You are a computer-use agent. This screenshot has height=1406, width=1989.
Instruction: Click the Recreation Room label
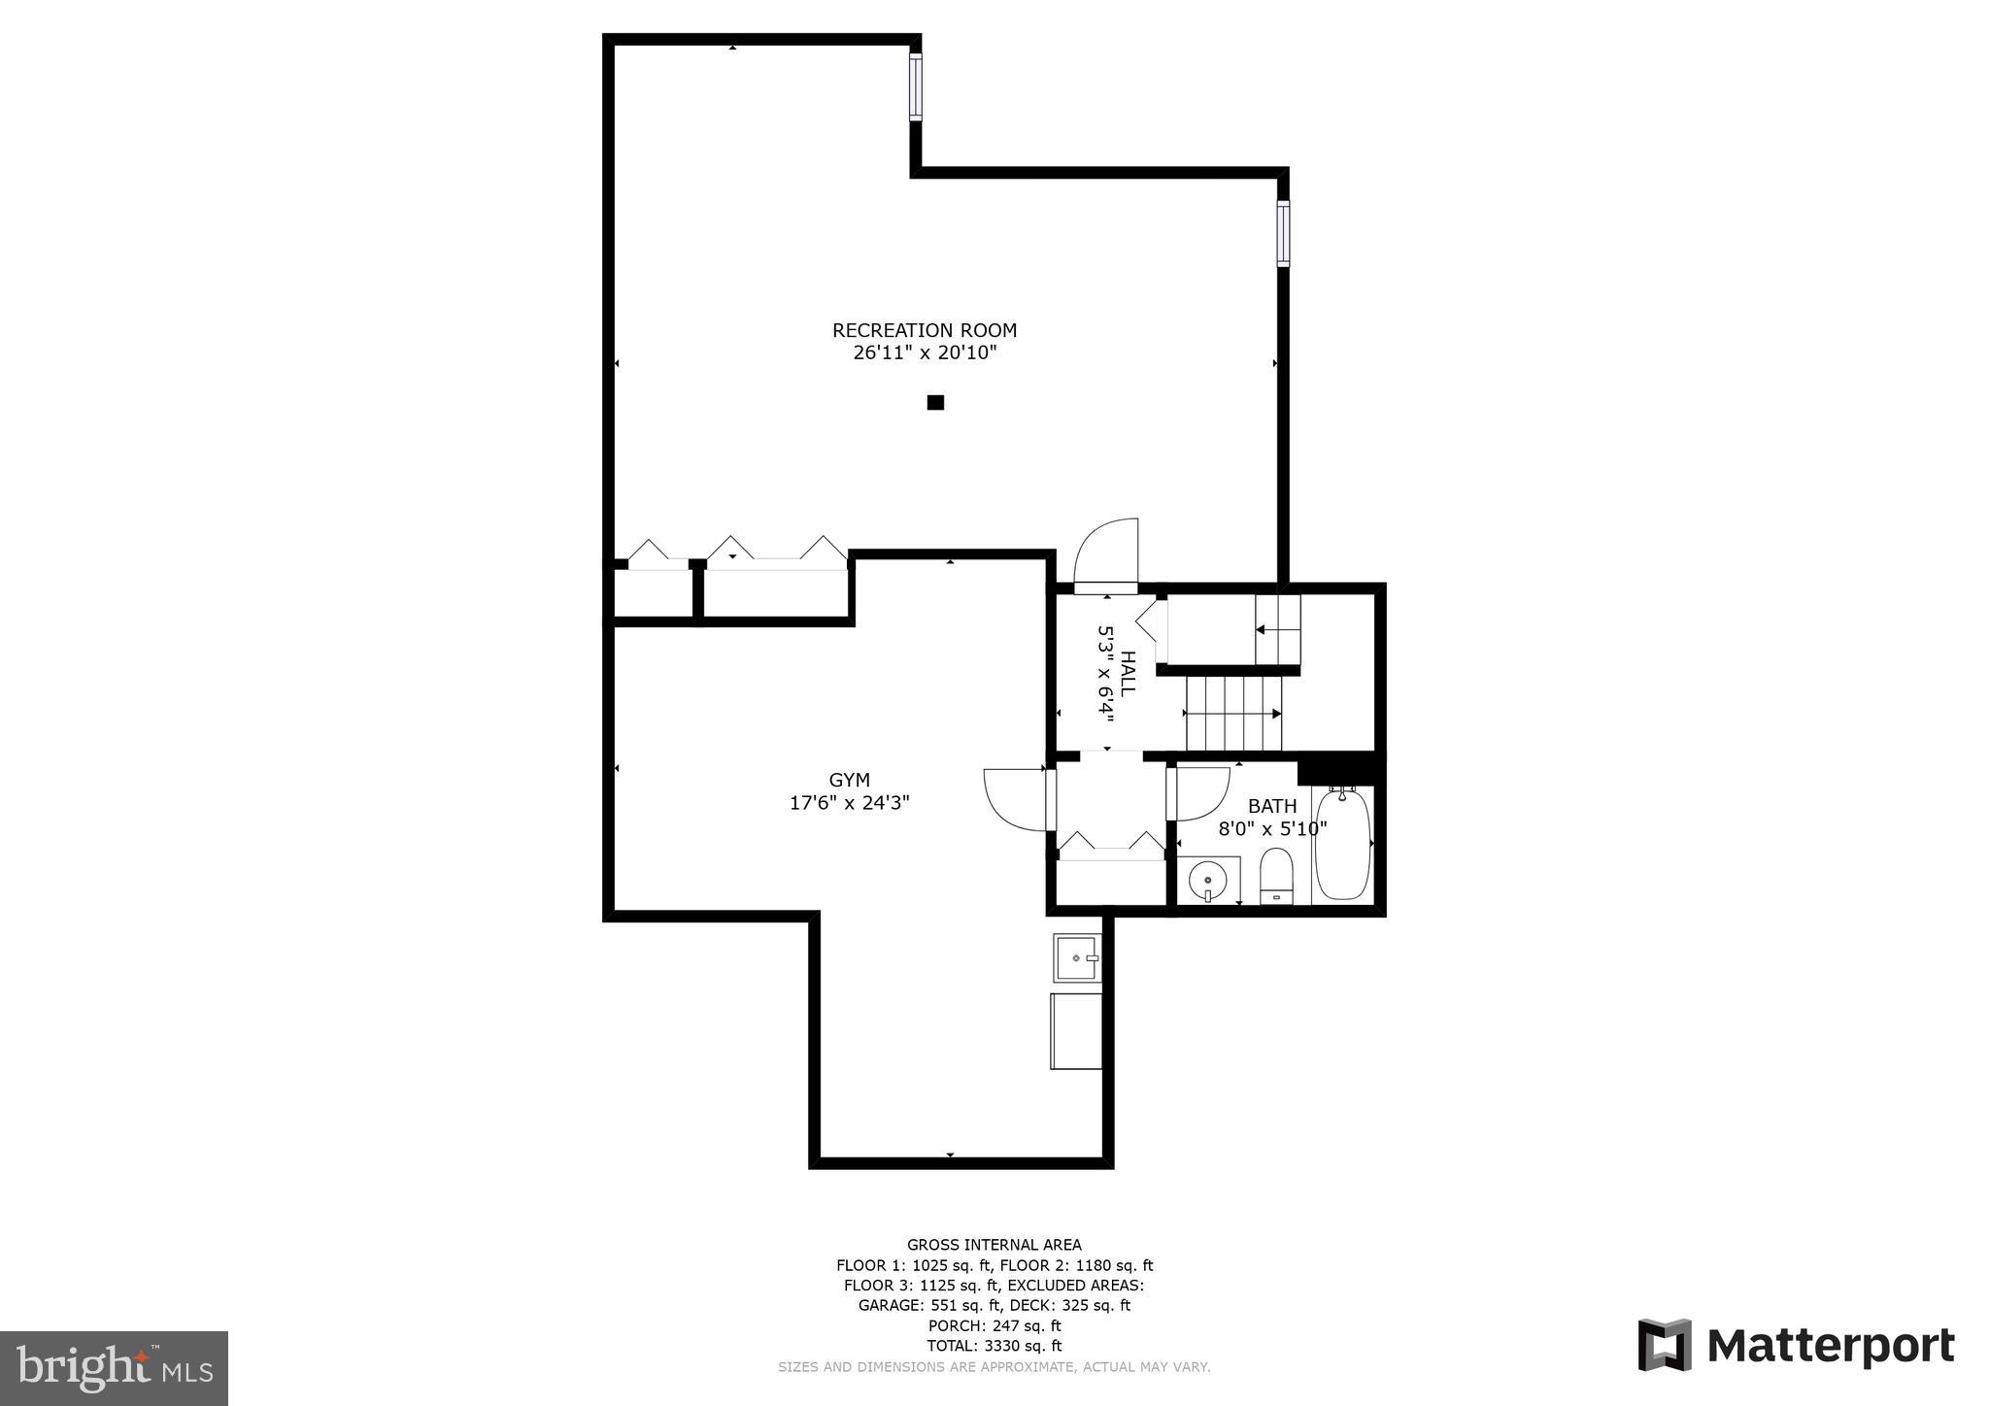(924, 330)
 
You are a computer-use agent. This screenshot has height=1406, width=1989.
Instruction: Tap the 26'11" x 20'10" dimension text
(925, 353)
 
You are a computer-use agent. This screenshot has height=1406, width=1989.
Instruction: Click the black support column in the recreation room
(935, 402)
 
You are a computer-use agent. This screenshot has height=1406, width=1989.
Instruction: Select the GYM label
(849, 780)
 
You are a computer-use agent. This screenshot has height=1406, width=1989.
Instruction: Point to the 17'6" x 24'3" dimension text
(849, 803)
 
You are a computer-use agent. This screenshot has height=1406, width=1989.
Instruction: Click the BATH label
(1271, 806)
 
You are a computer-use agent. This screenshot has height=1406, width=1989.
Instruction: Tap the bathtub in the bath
(1342, 845)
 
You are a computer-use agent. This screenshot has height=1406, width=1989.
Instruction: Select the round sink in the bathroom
(1208, 880)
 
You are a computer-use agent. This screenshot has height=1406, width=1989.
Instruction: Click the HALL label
(1128, 672)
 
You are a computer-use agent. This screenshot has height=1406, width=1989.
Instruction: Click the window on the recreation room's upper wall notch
(915, 87)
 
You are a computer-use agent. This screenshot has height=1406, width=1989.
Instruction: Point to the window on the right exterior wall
(1283, 233)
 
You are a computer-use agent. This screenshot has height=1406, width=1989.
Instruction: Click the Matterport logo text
(1830, 1346)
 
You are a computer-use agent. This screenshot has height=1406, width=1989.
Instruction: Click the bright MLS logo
(114, 1368)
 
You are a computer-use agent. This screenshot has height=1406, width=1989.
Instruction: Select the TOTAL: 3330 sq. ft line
(994, 1346)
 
